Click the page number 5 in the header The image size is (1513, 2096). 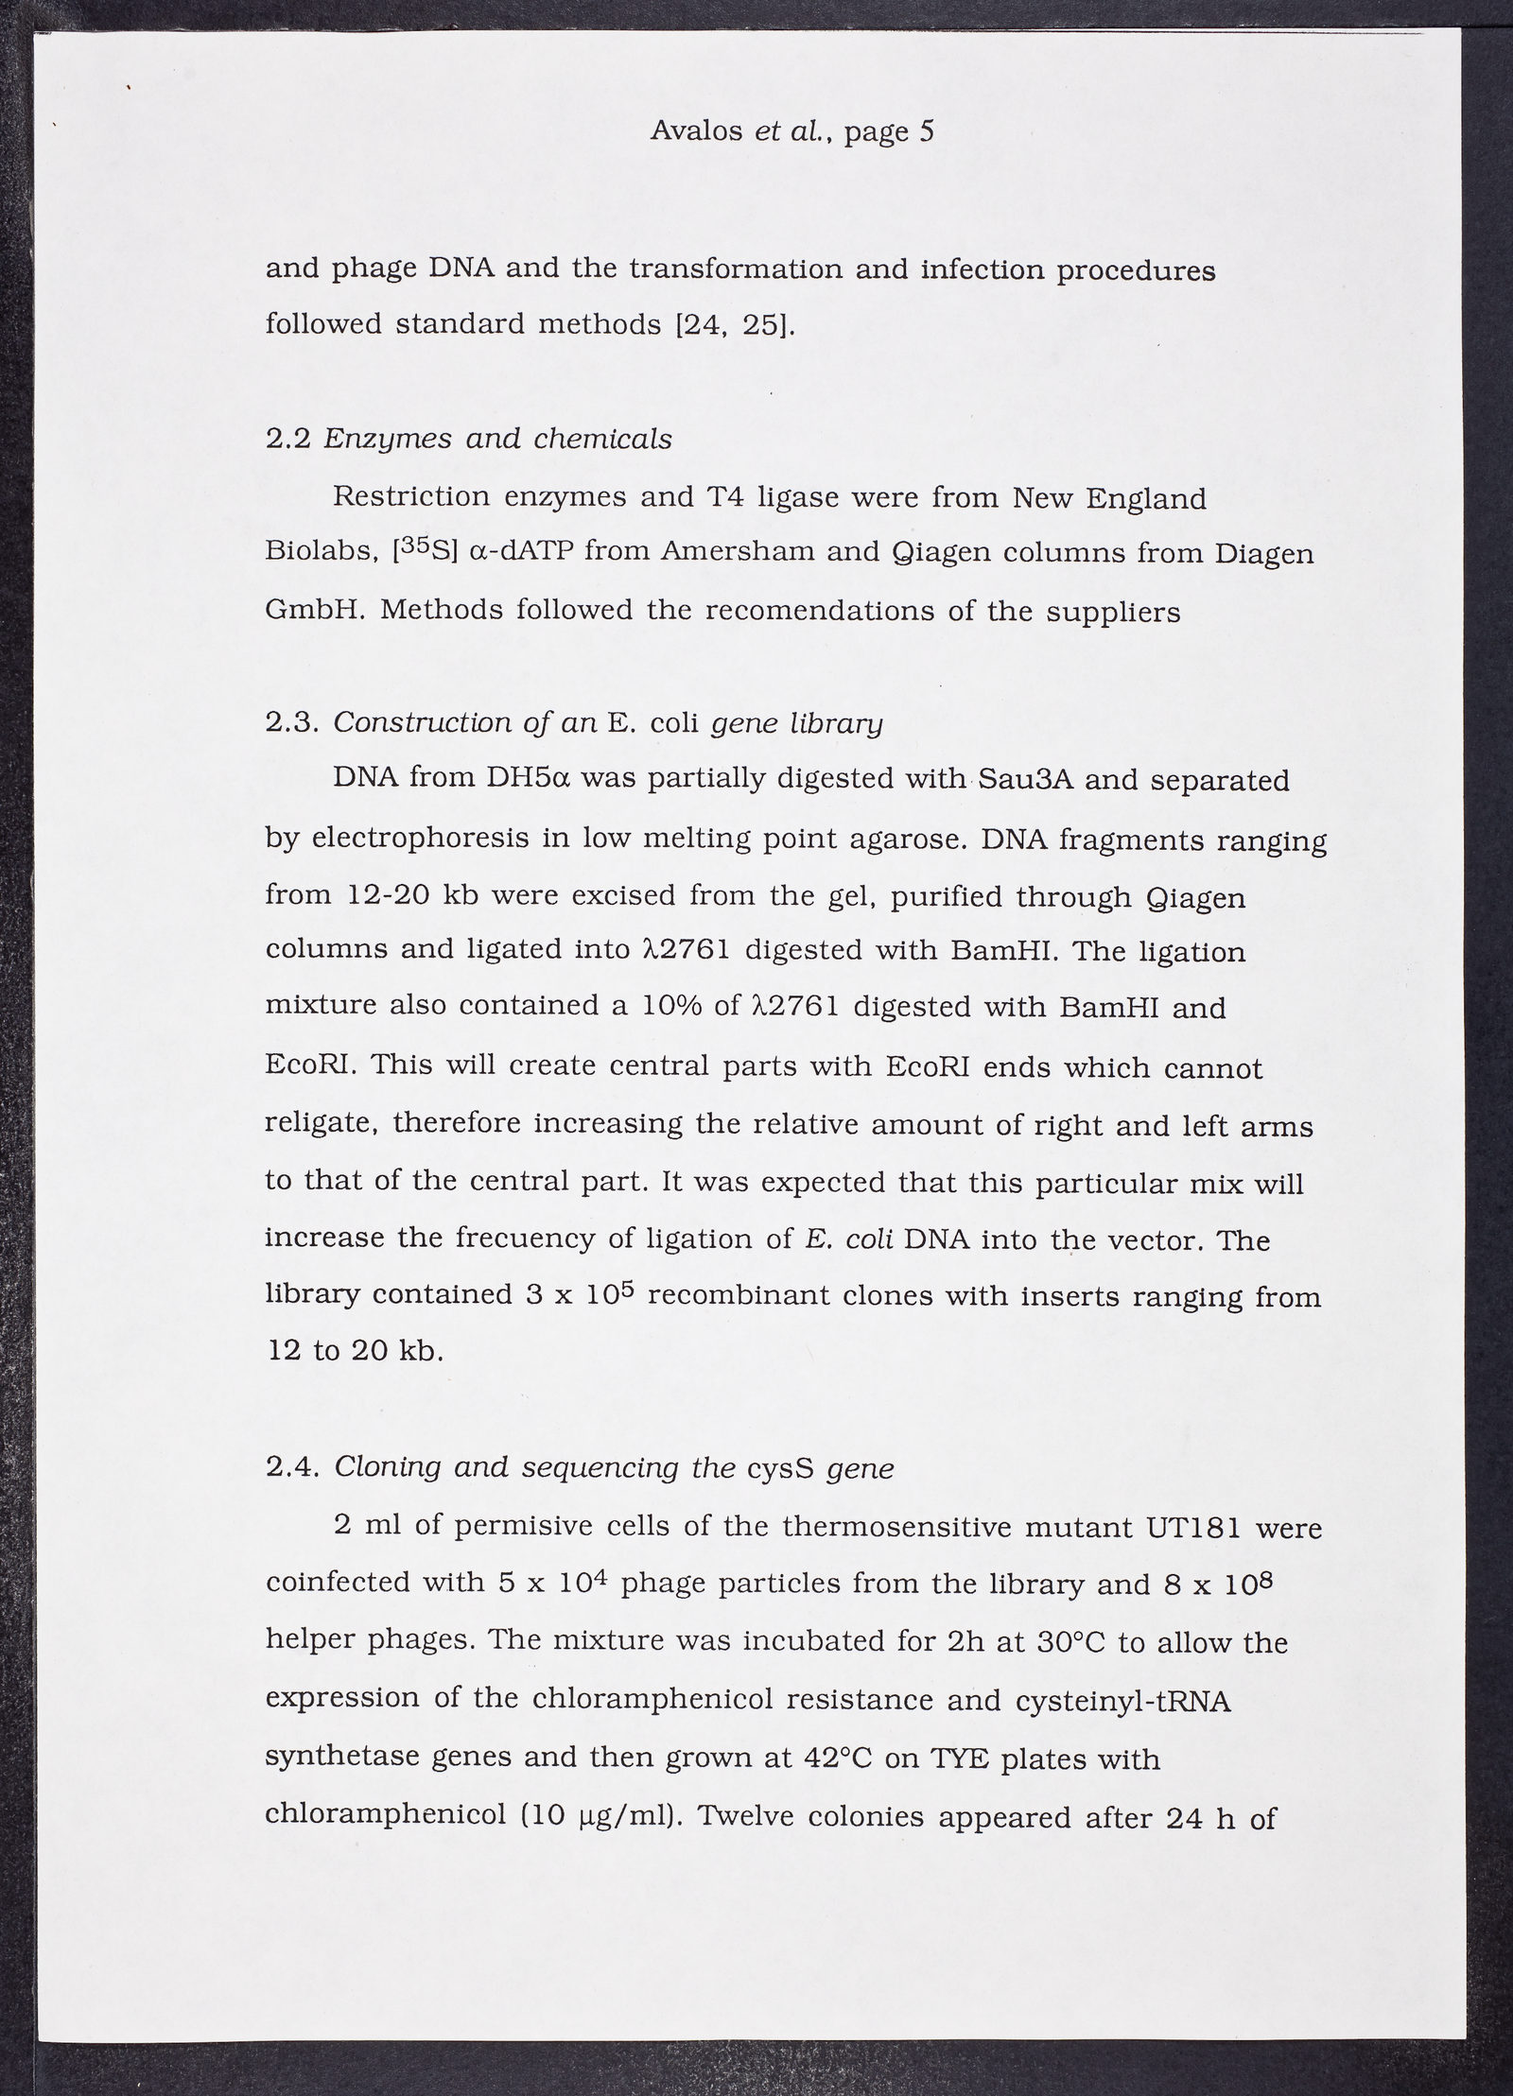point(926,130)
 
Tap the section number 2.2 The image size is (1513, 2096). point(287,440)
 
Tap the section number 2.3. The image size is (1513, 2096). point(292,723)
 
